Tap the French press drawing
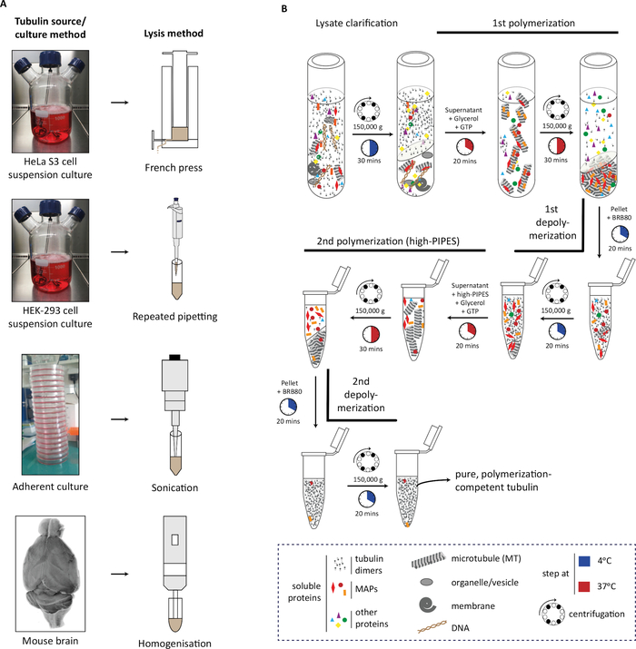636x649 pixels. pos(174,99)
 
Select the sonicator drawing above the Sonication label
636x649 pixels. pos(174,415)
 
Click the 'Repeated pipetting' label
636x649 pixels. pos(174,317)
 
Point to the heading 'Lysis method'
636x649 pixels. pos(174,33)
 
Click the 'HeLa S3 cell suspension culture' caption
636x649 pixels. pos(50,168)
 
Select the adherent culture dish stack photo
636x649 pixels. pos(51,414)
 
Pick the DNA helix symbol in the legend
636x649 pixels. pos(432,627)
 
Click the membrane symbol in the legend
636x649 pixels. pos(427,605)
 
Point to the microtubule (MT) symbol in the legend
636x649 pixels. pos(429,560)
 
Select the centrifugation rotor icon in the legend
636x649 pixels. pos(552,613)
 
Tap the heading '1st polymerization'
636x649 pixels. pos(533,23)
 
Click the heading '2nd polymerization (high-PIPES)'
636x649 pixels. pos(388,241)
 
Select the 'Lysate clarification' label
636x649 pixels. pos(356,23)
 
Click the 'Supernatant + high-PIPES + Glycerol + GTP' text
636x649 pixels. pos(470,299)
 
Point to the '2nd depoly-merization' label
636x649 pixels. pos(361,395)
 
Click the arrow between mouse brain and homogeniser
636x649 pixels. pos(120,574)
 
